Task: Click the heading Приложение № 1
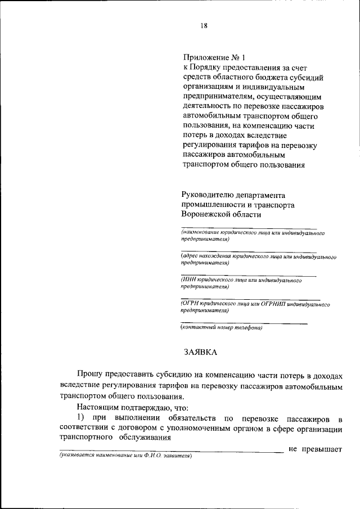click(213, 57)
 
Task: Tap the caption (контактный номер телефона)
click(221, 328)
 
